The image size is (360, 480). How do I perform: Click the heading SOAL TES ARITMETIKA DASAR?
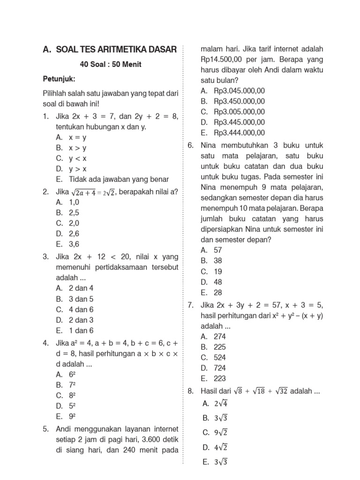[x=116, y=49]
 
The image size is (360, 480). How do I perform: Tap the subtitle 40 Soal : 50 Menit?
[x=111, y=64]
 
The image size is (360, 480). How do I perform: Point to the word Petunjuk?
[x=59, y=78]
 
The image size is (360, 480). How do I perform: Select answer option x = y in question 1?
[x=77, y=137]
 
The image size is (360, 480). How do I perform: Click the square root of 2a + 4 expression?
[x=86, y=191]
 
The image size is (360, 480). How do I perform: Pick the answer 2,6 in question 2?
[x=74, y=233]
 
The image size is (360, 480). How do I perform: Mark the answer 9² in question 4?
[x=72, y=416]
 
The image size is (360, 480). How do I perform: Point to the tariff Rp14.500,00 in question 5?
[x=221, y=60]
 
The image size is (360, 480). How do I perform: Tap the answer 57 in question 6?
[x=217, y=250]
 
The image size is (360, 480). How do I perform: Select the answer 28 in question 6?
[x=217, y=292]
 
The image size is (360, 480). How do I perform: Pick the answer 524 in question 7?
[x=219, y=357]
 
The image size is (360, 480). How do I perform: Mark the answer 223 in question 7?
[x=219, y=378]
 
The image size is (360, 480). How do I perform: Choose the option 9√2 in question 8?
[x=221, y=432]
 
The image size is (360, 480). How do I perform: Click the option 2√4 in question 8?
[x=221, y=403]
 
